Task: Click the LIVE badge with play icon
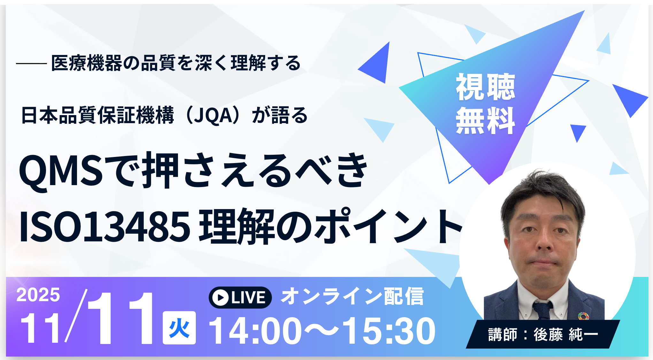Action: [x=240, y=298]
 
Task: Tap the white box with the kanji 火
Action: [x=179, y=328]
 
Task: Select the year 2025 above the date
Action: [x=38, y=295]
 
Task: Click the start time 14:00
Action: [x=255, y=331]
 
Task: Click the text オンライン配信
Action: [x=352, y=296]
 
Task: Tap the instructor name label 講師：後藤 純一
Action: [x=543, y=334]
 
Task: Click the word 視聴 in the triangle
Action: [x=485, y=87]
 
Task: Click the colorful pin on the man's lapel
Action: [x=583, y=316]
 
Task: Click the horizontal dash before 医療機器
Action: [x=31, y=64]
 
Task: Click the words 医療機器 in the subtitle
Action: [x=86, y=63]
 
